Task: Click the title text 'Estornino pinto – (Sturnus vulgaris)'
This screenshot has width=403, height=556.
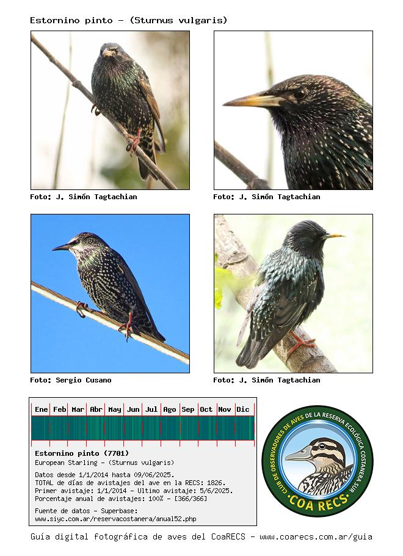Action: (128, 20)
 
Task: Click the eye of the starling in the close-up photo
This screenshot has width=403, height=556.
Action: (300, 93)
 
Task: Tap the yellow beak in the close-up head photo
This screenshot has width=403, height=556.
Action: (252, 100)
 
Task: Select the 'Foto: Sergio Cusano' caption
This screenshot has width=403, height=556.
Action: (71, 380)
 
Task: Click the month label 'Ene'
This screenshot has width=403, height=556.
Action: (41, 409)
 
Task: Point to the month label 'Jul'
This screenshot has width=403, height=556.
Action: (151, 409)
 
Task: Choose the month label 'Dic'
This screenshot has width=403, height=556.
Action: (243, 409)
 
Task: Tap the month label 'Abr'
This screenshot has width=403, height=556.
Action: (96, 409)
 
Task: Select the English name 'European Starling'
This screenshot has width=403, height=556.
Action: (66, 463)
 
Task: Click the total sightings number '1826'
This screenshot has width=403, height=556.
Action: (214, 483)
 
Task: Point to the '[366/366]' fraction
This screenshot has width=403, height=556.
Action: (191, 499)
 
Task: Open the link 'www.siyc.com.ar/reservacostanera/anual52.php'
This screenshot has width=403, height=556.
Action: (115, 519)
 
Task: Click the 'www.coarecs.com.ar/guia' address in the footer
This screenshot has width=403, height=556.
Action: (316, 537)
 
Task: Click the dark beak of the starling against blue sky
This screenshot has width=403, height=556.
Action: (62, 247)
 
